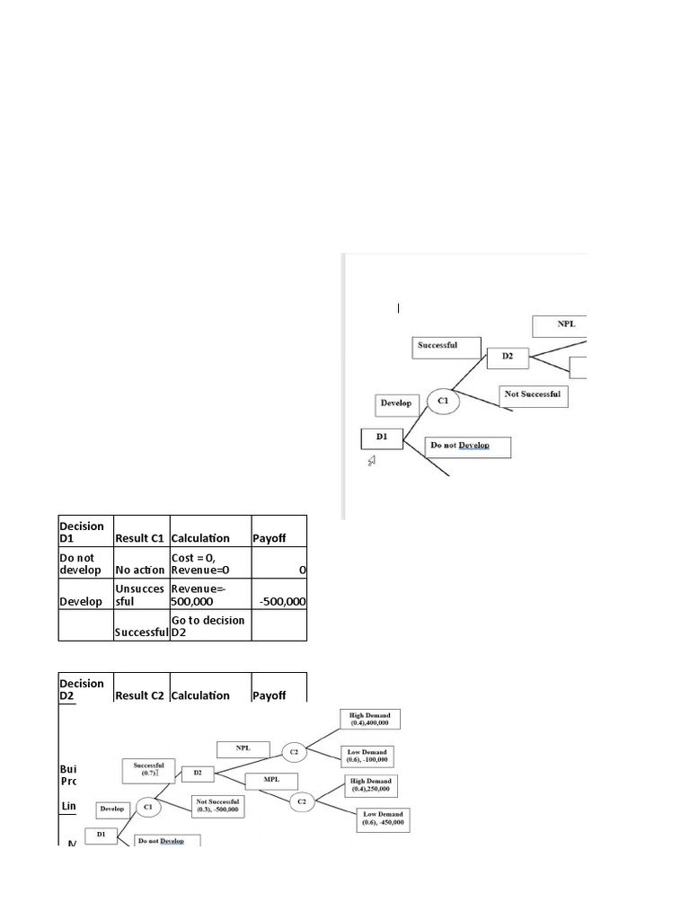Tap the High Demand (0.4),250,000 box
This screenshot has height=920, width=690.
pyautogui.click(x=370, y=785)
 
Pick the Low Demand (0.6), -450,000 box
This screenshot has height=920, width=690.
pyautogui.click(x=383, y=818)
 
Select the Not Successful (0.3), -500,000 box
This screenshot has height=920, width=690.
pyautogui.click(x=219, y=804)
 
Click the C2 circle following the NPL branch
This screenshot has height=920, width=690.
pyautogui.click(x=294, y=750)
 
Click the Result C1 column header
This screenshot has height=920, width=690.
pyautogui.click(x=140, y=537)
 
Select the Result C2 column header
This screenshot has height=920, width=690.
pyautogui.click(x=140, y=694)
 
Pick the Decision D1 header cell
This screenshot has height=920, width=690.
pyautogui.click(x=83, y=531)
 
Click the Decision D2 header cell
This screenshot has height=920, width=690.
pyautogui.click(x=83, y=689)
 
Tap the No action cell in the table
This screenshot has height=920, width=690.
pyautogui.click(x=140, y=570)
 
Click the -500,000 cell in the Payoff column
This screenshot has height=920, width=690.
pyautogui.click(x=279, y=601)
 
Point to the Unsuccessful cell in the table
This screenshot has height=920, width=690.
pyautogui.click(x=140, y=595)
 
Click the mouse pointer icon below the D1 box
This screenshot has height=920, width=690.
pyautogui.click(x=372, y=461)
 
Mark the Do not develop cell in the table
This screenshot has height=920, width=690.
pyautogui.click(x=83, y=563)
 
